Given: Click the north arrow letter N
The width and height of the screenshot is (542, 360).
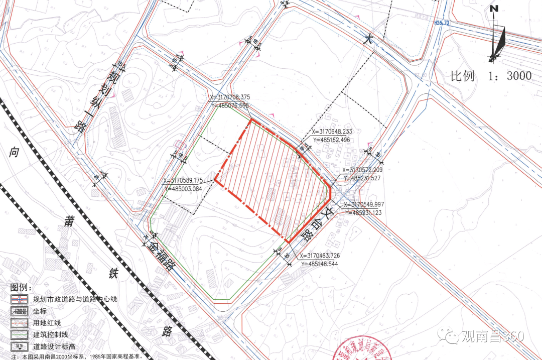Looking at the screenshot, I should pos(494,9).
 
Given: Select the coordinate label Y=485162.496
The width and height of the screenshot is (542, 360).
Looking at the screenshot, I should pos(332,140).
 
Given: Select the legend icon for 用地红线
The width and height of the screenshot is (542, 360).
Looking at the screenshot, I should pos(19,323).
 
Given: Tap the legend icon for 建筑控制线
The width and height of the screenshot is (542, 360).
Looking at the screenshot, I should pos(19,334).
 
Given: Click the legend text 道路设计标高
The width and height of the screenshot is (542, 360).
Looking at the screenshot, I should pos(54,346).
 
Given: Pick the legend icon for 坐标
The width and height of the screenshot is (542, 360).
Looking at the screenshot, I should pos(19,311).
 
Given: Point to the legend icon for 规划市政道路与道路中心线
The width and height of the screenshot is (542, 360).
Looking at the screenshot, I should pos(19,299).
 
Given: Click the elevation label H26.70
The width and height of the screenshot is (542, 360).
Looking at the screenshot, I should pos(442,23).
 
